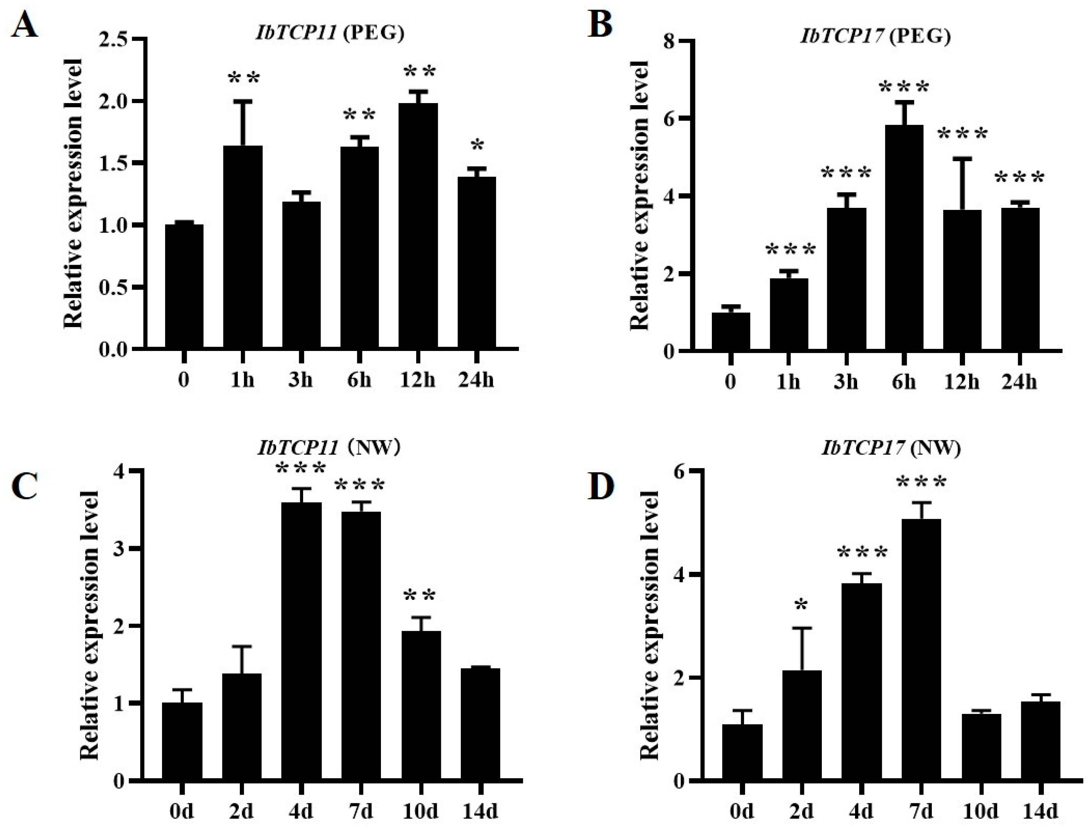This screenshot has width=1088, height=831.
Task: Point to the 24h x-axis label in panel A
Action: [476, 381]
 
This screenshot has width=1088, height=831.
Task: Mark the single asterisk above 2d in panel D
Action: [802, 605]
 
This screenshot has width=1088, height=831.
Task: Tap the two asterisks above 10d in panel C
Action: [420, 595]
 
